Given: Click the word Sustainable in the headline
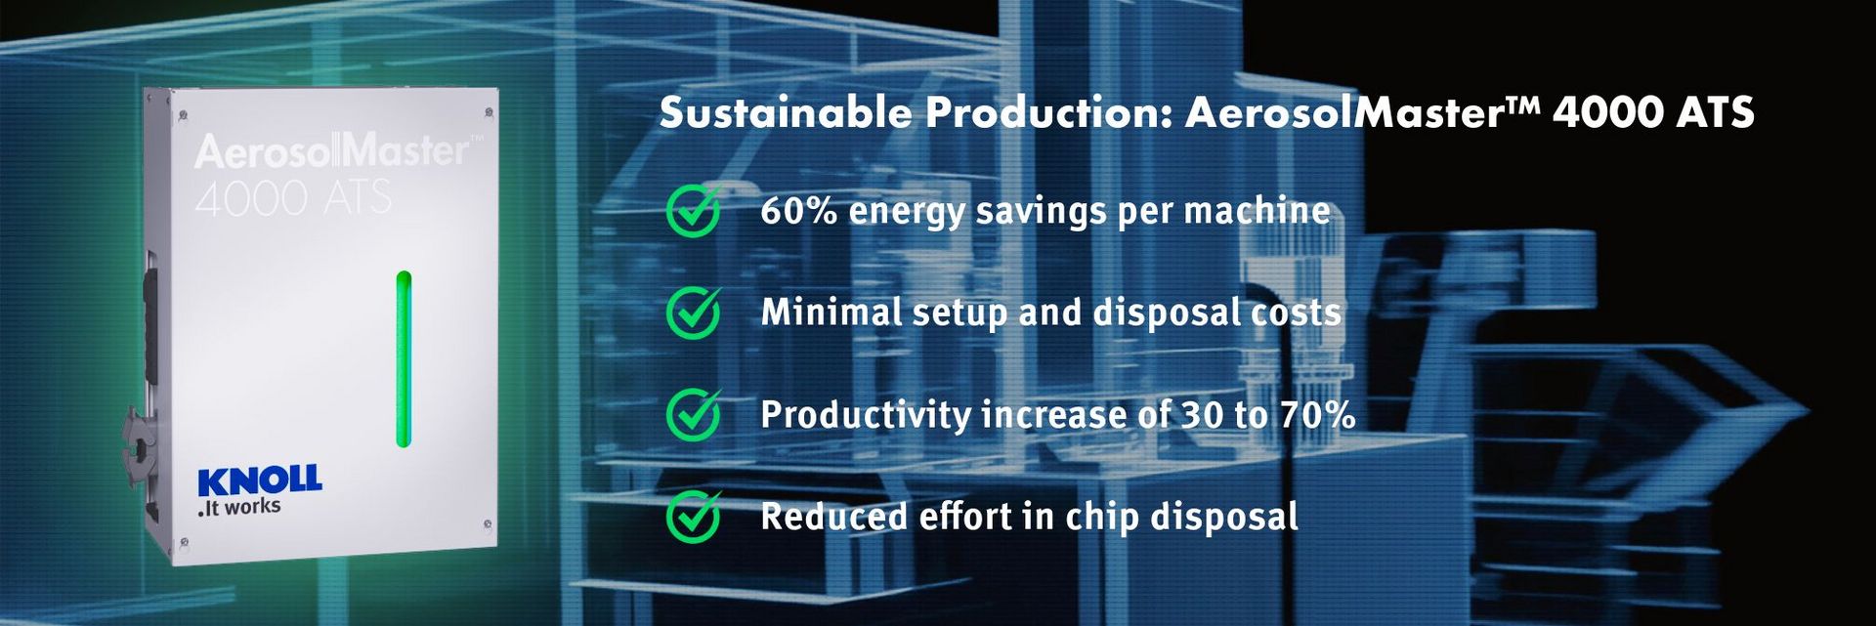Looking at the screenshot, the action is coord(787,113).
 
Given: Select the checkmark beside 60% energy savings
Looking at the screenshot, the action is coord(694,210).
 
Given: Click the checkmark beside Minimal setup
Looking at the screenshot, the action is coord(694,313).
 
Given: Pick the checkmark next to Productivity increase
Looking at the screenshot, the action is coord(694,414).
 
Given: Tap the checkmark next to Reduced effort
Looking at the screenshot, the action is coord(694,516).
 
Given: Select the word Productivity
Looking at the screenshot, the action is coord(866,415).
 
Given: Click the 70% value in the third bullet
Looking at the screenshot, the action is coord(1318,415).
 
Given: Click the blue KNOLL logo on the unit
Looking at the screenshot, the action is coord(259,480).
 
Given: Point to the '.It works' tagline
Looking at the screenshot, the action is coord(238,507).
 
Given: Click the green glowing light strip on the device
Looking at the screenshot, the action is coord(404,359).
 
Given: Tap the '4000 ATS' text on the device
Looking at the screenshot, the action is coord(293,198).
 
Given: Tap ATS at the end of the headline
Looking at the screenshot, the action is coord(1716,113).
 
